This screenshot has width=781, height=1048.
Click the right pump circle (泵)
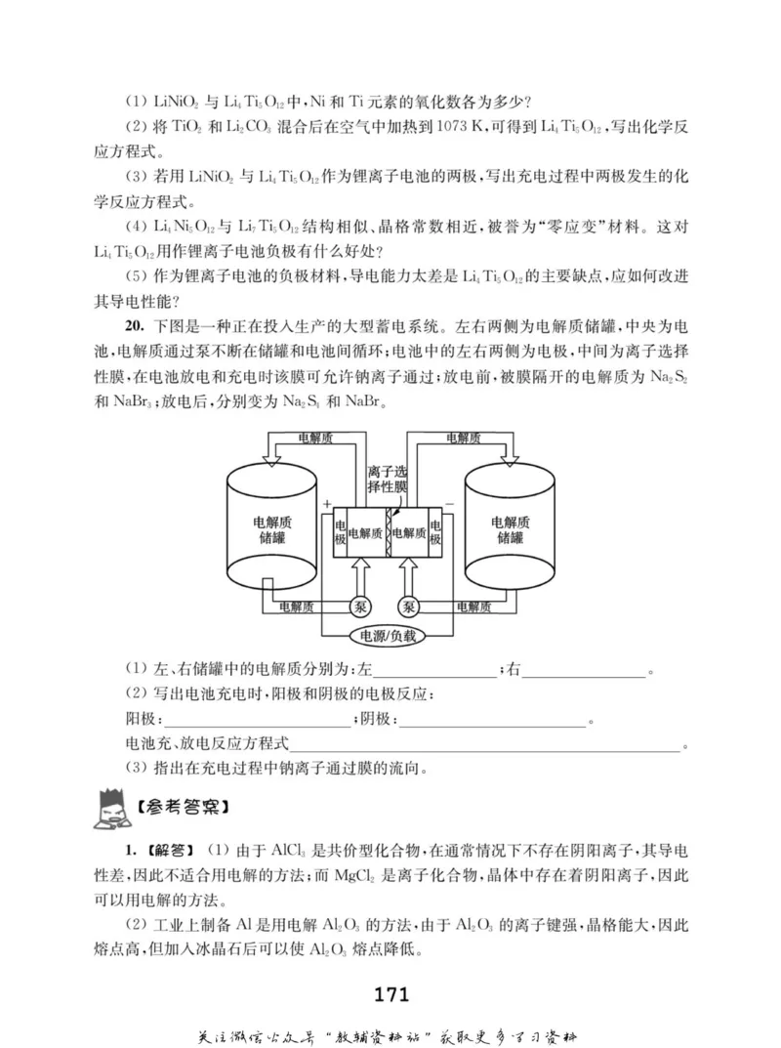410,607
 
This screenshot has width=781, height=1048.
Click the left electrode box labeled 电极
340,533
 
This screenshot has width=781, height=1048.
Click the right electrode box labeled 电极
434,533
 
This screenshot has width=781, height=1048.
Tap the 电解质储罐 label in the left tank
272,529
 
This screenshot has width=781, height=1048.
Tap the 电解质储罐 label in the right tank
510,529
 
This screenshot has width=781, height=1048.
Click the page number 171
390,995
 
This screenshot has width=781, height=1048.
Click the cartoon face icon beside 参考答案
109,806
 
